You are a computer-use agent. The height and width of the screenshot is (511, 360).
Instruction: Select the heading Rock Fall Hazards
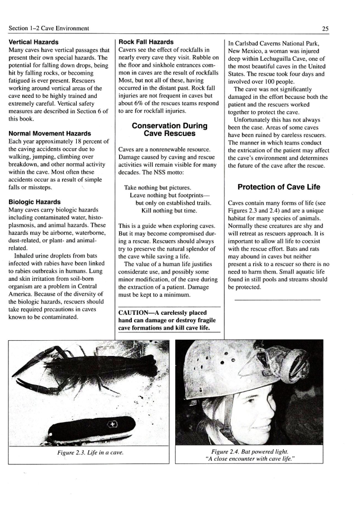point(146,41)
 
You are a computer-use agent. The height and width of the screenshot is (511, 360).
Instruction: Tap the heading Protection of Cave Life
point(278,187)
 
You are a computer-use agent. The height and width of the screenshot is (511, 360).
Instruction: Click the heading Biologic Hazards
point(34,202)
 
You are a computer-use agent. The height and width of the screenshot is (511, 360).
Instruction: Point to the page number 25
point(346,28)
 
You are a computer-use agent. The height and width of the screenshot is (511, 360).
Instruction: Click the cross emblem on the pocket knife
point(112,424)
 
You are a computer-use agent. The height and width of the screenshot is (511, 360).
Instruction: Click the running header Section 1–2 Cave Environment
point(49,28)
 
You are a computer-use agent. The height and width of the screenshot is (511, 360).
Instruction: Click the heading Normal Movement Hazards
point(50,133)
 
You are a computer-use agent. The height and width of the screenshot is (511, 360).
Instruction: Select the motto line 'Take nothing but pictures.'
point(157,188)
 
